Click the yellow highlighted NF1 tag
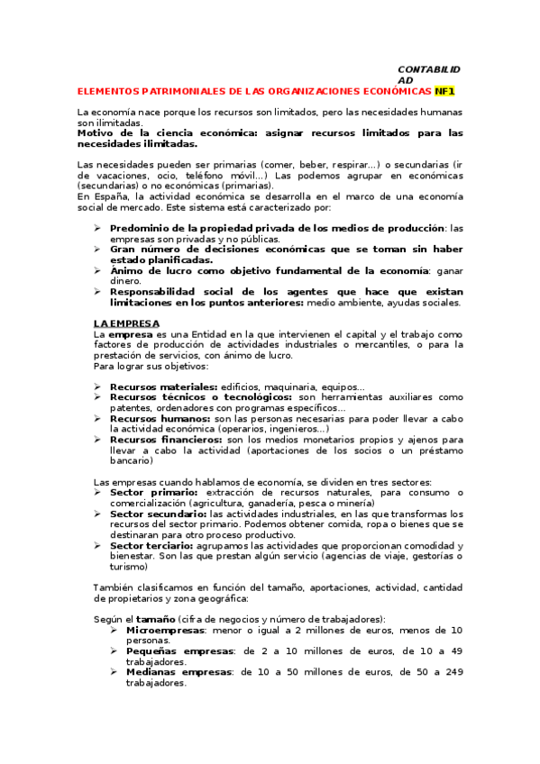[445, 91]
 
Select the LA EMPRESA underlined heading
[127, 323]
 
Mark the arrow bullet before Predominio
[97, 228]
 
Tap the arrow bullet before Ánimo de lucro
[97, 269]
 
